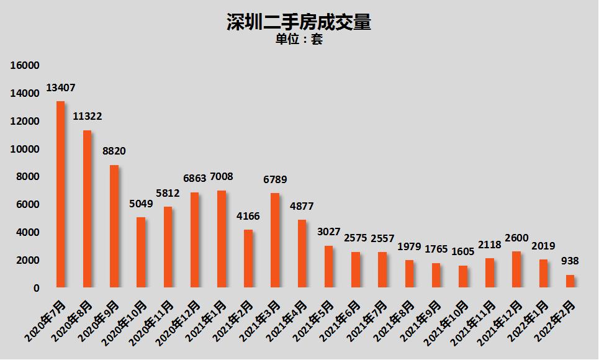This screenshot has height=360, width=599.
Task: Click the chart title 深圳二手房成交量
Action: click(299, 22)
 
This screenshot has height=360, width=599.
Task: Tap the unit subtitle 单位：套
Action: click(299, 40)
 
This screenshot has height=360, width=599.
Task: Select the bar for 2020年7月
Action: click(60, 194)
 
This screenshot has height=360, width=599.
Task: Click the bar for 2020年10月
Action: click(141, 253)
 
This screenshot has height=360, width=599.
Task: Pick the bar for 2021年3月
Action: click(275, 240)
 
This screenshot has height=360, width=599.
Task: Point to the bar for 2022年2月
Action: click(570, 281)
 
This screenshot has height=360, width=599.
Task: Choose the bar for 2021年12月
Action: click(516, 269)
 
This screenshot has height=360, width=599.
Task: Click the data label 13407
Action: click(61, 88)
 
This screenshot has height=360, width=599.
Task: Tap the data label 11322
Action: click(88, 116)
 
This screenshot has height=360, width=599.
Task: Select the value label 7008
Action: click(222, 177)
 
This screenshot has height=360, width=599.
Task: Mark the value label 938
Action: click(570, 261)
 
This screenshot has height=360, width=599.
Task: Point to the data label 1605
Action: click(463, 252)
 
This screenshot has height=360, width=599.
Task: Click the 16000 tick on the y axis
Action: click(25, 65)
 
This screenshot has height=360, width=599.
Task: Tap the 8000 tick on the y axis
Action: click(27, 176)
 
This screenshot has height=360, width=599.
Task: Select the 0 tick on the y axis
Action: click(36, 288)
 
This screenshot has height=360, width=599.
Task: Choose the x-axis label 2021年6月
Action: click(345, 320)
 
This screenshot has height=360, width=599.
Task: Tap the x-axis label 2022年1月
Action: click(533, 320)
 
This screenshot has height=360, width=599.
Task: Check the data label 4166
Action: click(248, 217)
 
